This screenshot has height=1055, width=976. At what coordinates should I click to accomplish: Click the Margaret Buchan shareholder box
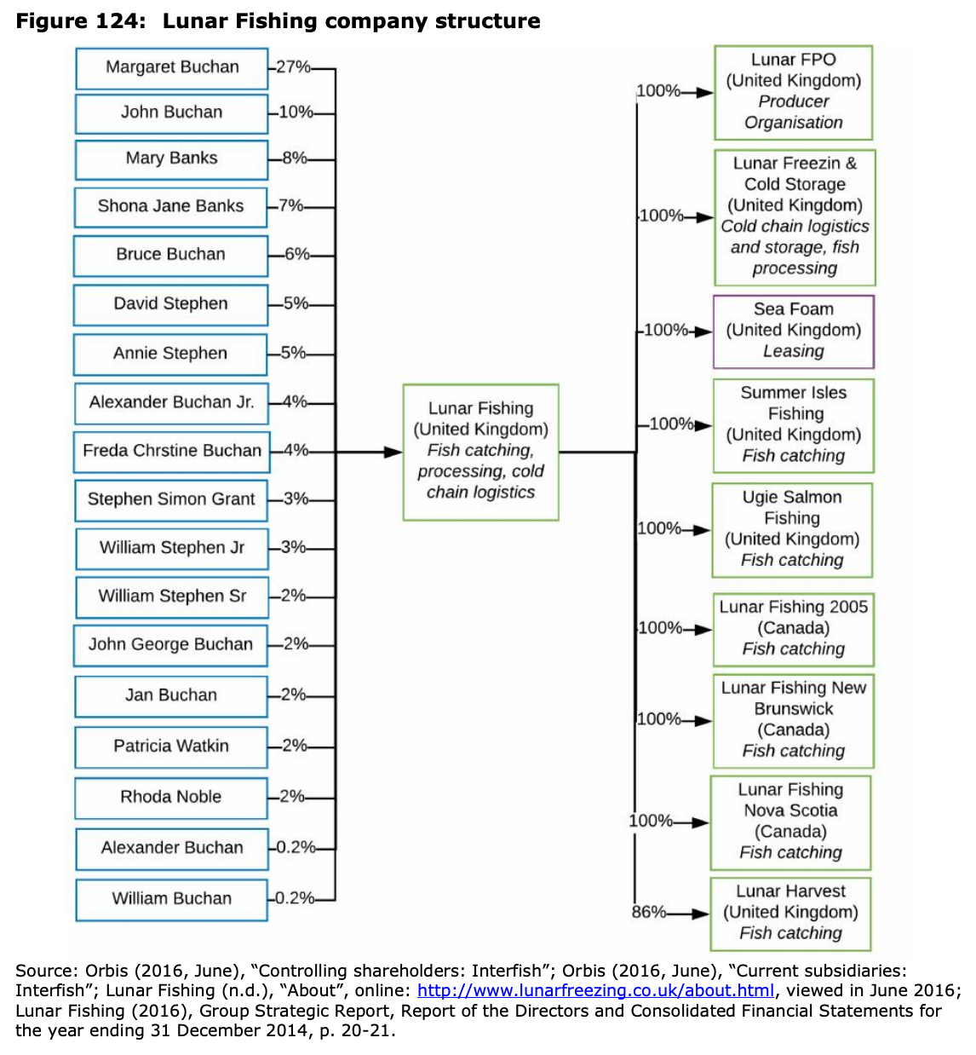(171, 68)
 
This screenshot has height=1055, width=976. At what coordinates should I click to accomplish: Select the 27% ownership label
(293, 67)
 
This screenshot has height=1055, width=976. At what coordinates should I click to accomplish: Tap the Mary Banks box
(171, 160)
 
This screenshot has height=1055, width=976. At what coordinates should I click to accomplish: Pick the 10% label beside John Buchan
(296, 112)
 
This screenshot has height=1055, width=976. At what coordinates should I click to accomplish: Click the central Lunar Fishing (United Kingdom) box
(480, 452)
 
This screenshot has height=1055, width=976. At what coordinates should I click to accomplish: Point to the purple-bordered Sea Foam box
(794, 331)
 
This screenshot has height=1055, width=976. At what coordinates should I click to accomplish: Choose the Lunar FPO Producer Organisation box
(794, 92)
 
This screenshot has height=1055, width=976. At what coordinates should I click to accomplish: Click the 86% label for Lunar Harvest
(648, 912)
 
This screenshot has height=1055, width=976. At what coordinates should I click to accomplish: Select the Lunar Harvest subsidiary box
(790, 914)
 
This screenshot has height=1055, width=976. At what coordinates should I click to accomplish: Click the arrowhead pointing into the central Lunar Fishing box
(393, 452)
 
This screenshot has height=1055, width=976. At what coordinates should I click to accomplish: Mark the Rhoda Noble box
(171, 798)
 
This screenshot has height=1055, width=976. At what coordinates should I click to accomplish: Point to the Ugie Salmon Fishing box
(792, 529)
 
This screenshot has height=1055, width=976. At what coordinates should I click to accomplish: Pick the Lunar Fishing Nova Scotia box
(790, 822)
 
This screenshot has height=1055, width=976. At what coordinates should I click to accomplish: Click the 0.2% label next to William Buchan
(295, 897)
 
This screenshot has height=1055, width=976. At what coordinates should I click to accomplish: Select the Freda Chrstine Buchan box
(171, 452)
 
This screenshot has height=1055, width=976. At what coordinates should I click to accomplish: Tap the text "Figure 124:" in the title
(80, 21)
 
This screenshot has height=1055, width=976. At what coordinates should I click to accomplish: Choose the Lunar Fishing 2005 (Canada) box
(794, 630)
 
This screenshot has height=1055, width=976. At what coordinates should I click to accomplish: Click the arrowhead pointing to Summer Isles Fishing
(703, 425)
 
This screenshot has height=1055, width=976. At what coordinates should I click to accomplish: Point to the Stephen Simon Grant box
(171, 500)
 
